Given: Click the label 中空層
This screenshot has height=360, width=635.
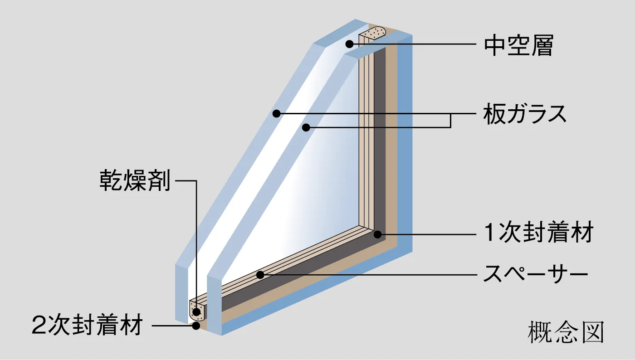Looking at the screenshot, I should point(518,45).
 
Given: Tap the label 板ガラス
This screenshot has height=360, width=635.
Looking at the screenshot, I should point(525,114).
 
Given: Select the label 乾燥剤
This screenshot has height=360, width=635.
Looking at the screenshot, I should point(135,181).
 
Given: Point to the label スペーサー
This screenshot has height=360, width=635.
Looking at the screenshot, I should point(535,274).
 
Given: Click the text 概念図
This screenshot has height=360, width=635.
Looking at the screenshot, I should point(566,333).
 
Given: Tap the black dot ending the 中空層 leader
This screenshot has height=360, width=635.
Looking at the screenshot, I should point(349,44).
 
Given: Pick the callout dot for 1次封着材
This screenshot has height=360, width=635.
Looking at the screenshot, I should point(377,234).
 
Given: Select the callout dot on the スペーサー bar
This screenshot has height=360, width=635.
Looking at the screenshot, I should point(260,275).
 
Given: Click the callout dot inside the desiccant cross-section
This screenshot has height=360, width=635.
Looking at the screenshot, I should point(196,311).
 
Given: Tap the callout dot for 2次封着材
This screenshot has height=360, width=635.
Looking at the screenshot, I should point(196,325).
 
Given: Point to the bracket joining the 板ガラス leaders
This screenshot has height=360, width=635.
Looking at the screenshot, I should point(450,120).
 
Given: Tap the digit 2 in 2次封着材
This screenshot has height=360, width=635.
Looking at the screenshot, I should point(39,326).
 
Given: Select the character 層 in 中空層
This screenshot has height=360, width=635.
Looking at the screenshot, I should point(542,45).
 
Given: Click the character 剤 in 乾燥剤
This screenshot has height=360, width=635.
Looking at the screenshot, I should point(159,181).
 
